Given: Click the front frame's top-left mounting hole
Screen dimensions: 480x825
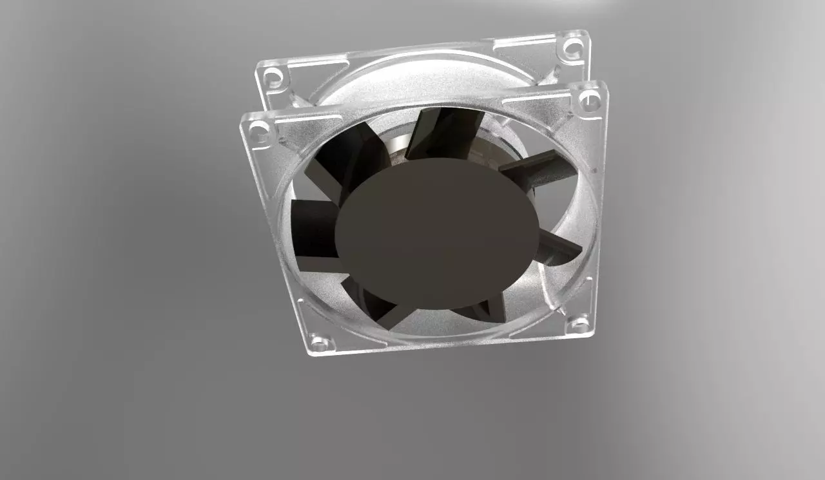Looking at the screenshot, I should [x=259, y=133].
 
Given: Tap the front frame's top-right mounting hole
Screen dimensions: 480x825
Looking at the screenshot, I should [x=589, y=100].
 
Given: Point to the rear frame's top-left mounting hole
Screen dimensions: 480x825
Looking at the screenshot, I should [x=274, y=77].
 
